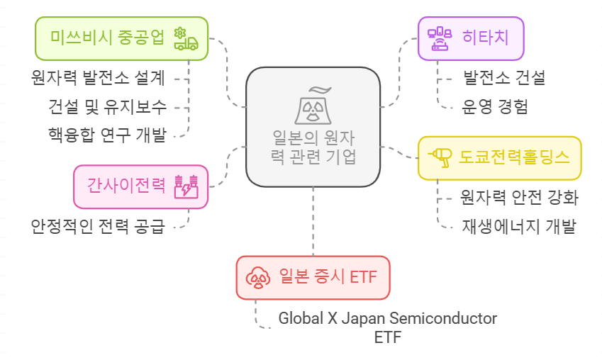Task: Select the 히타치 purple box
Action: point(472,38)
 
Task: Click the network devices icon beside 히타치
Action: point(440,38)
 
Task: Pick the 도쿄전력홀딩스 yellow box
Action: point(500,157)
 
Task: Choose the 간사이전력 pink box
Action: point(140,186)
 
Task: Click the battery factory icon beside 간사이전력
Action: point(185,186)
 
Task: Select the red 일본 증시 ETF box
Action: point(313,276)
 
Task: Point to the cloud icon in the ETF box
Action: point(257,276)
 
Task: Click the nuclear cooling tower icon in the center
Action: point(313,105)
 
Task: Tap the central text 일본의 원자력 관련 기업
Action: point(313,147)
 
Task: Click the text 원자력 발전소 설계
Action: point(98,77)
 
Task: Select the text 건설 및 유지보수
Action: point(107,106)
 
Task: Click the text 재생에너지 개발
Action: point(519,227)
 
